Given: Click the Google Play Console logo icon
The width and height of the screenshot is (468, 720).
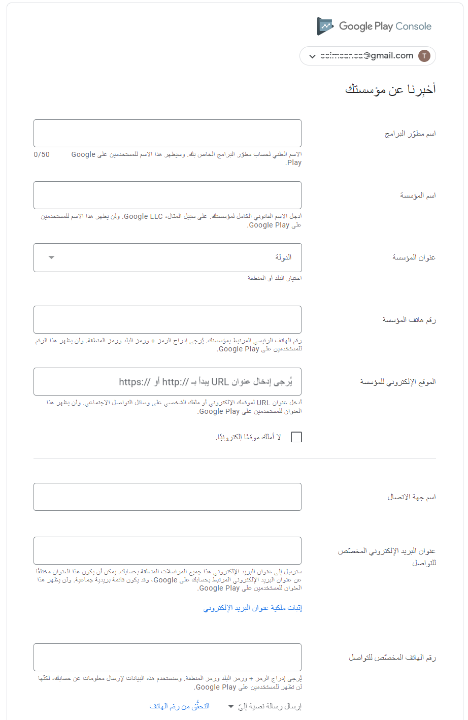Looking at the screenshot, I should coord(325,26).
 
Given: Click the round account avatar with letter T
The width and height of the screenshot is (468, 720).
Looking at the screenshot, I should coord(424,56).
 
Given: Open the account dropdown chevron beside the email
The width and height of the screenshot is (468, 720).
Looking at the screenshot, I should coord(312,56).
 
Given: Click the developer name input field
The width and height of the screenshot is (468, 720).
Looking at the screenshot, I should coord(168,134).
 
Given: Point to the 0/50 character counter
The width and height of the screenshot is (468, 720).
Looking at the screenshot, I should coord(42,154).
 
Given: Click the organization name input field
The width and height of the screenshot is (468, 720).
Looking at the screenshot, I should coord(168,195).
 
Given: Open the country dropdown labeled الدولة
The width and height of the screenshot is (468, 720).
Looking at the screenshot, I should coord(168,257).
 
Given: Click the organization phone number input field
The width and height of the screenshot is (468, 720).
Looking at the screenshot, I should coord(168,319).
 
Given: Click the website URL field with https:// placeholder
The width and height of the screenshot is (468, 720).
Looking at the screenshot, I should coord(168,381).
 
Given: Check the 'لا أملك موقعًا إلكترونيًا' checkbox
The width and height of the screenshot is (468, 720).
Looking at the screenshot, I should coord(296,437).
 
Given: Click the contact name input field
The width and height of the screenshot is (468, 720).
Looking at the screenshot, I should coord(168,497).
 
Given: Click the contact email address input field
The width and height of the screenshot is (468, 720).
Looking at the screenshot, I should coord(168,551).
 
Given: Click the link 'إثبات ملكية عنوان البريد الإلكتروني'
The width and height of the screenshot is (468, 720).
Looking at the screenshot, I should coord(253,608).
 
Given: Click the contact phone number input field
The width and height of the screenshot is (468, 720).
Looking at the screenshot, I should coord(168,658).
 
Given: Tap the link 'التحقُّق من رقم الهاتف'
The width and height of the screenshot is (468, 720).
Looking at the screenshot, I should coord(179,706).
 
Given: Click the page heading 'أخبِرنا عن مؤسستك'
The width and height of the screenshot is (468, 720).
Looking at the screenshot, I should coord(390,89).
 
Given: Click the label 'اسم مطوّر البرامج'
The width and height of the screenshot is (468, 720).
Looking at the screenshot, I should coord(410,134).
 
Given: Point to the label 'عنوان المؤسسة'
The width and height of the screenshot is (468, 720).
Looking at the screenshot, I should coord(414,258).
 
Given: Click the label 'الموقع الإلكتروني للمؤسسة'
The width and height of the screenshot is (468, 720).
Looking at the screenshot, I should coord(398,382).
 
